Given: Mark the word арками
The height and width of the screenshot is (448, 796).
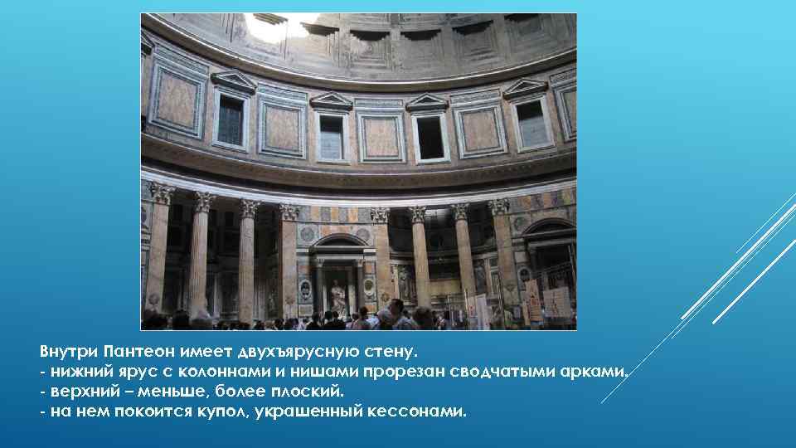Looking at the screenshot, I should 595,371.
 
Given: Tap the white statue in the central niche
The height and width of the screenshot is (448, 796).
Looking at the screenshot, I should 338,295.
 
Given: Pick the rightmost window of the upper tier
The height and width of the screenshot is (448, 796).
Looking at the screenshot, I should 531,122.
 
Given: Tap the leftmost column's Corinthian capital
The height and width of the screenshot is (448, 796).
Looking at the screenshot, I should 160,193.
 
